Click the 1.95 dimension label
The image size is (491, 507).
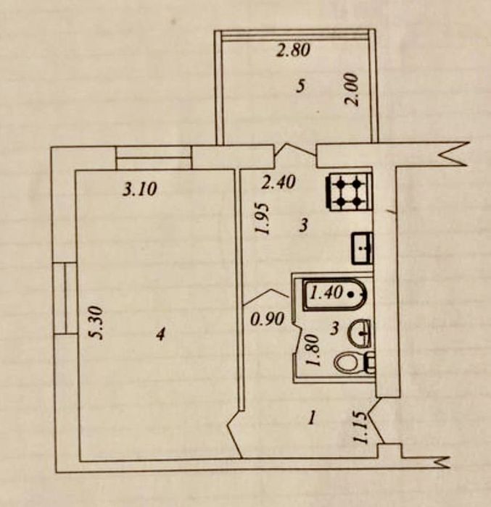[263, 218]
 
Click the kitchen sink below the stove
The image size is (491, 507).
[362, 248]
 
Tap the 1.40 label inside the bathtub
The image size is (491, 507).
[326, 294]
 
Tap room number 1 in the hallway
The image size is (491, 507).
[312, 417]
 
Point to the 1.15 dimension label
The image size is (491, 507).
[360, 428]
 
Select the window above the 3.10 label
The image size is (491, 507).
[154, 156]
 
